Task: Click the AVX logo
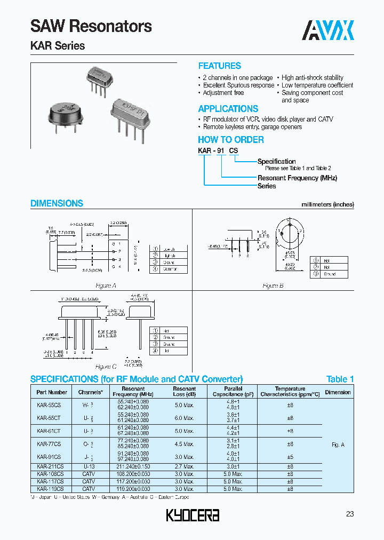click(x=329, y=30)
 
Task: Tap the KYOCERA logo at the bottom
click(x=193, y=515)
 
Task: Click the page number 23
click(x=349, y=514)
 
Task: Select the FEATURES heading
click(x=219, y=66)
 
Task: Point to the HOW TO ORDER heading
click(x=230, y=140)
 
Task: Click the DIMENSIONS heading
click(x=57, y=203)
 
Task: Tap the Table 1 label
click(x=340, y=379)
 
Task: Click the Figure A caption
click(x=107, y=285)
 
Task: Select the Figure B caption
click(x=273, y=285)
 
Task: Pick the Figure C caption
click(x=106, y=367)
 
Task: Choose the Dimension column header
click(x=338, y=392)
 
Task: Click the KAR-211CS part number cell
click(x=50, y=465)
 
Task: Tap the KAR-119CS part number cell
click(x=50, y=488)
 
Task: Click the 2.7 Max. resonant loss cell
click(x=184, y=465)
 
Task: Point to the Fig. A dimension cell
click(x=338, y=444)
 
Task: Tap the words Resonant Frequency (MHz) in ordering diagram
click(x=297, y=178)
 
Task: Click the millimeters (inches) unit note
click(x=327, y=204)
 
